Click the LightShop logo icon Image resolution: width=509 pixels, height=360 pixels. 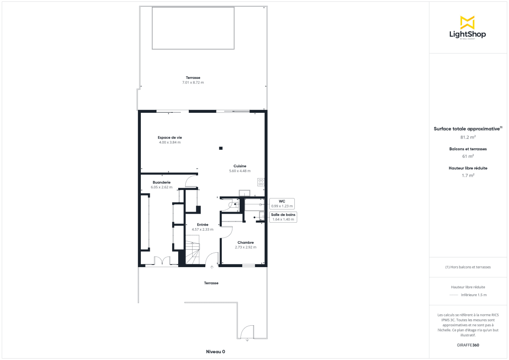(x=467, y=22)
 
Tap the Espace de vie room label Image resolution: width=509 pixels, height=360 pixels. (x=170, y=137)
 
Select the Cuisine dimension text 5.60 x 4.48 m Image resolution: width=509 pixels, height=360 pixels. (x=240, y=171)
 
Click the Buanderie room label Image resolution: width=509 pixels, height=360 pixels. (x=161, y=182)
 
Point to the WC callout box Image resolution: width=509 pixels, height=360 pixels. (x=282, y=204)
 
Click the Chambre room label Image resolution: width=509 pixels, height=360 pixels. (x=246, y=243)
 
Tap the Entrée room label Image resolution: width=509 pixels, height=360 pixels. (x=202, y=225)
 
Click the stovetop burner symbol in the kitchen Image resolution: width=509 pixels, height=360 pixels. (x=261, y=182)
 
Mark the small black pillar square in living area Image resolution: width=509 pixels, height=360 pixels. (x=221, y=148)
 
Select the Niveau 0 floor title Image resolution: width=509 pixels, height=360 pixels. (x=215, y=352)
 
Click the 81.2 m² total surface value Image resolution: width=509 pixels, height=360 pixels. (x=467, y=137)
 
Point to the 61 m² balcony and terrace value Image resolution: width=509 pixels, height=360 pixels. (x=467, y=156)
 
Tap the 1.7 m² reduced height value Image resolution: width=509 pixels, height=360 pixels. (x=467, y=175)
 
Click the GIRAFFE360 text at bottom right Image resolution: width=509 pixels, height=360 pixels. (x=468, y=345)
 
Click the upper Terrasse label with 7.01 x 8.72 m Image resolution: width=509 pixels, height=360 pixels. (x=193, y=80)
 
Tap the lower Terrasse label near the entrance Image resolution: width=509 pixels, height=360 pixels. (x=211, y=283)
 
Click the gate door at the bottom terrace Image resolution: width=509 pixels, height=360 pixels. (x=247, y=332)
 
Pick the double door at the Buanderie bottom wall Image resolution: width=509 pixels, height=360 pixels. (x=162, y=261)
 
